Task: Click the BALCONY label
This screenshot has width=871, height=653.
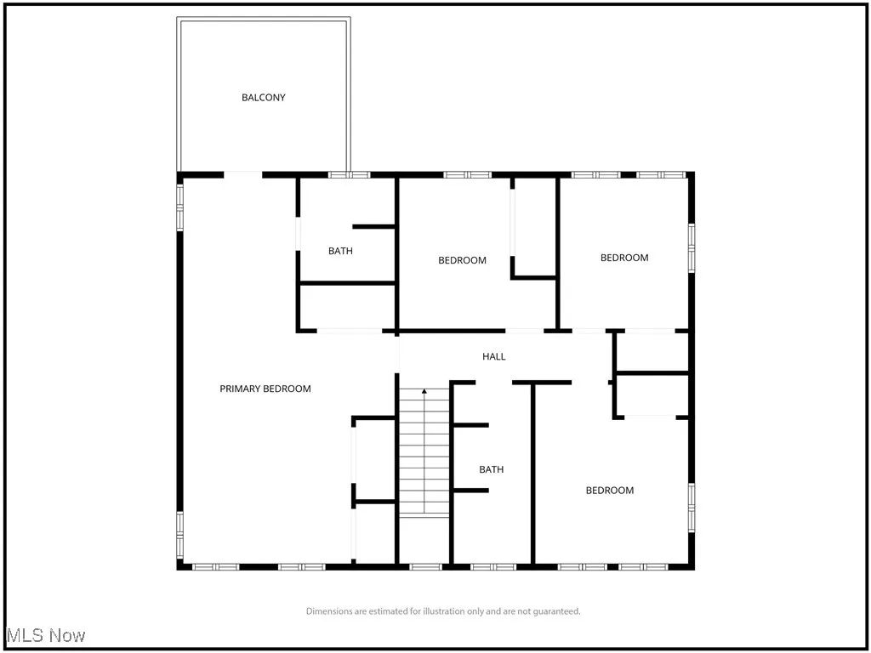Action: click(x=264, y=98)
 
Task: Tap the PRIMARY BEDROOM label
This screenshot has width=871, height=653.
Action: click(x=265, y=389)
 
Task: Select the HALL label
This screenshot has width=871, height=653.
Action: click(x=494, y=356)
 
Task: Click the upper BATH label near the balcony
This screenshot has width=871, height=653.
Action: click(x=340, y=251)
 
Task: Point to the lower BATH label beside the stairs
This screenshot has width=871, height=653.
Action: click(x=491, y=469)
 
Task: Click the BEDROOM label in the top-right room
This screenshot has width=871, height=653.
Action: click(x=624, y=258)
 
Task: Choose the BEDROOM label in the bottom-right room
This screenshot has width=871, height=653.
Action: click(x=610, y=491)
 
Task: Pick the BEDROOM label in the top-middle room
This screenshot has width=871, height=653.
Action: click(x=462, y=260)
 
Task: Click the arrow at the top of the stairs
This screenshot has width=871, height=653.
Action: click(x=424, y=392)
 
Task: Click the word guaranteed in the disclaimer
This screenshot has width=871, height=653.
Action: click(x=555, y=611)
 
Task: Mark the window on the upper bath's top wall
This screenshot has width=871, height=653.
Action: click(x=350, y=175)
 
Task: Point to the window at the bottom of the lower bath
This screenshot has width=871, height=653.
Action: click(x=492, y=566)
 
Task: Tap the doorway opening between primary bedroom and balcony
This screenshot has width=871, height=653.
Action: click(x=242, y=175)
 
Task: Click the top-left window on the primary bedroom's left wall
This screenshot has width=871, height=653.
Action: click(x=180, y=207)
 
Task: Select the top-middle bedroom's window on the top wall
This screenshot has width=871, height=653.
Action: click(x=468, y=175)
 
